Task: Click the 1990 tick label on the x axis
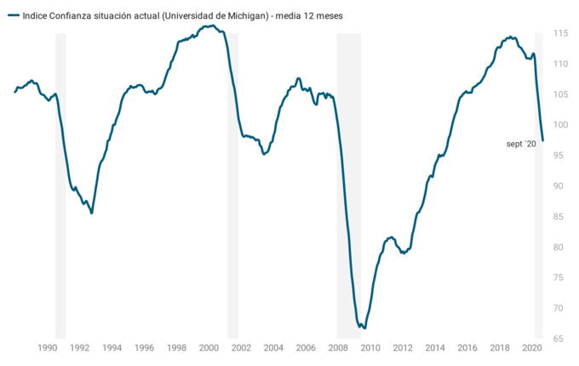[x=47, y=348]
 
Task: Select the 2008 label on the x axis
[x=338, y=348]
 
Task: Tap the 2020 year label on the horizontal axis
[x=531, y=348]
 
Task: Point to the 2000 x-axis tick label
[x=209, y=348]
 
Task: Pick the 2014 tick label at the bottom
[x=435, y=348]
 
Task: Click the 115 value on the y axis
[x=559, y=33]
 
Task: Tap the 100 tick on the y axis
[x=559, y=125]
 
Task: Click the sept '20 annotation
[x=521, y=145]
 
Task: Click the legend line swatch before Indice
[x=13, y=15]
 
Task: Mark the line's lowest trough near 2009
[x=365, y=328]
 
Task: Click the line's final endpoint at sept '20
[x=542, y=140]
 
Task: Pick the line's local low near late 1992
[x=92, y=213]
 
